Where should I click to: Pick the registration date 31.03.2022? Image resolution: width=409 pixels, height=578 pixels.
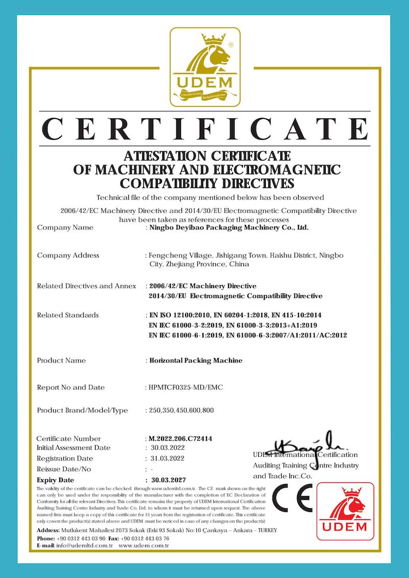click(165, 458)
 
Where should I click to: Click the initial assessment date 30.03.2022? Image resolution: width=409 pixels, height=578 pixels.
click(165, 448)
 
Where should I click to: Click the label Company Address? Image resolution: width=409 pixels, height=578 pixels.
click(68, 255)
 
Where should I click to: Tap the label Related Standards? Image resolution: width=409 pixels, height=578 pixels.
click(67, 315)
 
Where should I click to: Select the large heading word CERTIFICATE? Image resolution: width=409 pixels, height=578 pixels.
click(204, 128)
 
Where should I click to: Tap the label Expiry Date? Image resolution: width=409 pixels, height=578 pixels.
click(56, 480)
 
